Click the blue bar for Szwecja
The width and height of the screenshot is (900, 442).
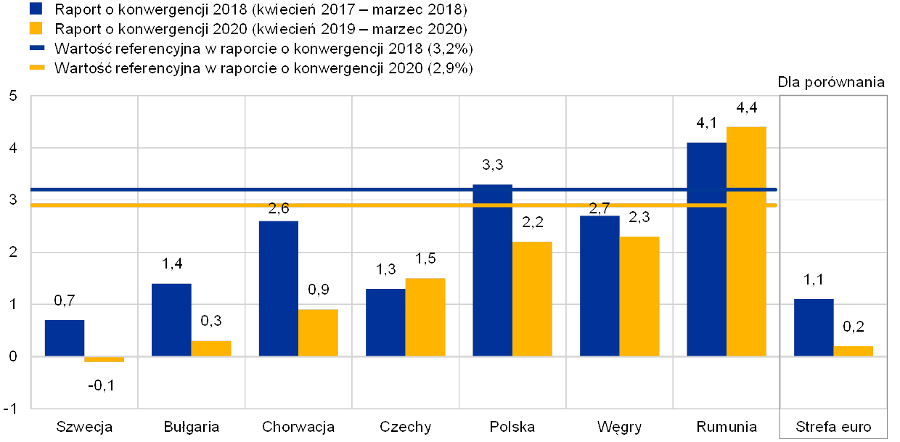point(65,338)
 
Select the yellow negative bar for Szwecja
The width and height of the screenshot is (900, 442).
point(104,359)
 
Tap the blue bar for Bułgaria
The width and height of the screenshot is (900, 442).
point(171,319)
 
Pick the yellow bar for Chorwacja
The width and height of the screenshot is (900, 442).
point(318,332)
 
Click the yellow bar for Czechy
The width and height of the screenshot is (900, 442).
point(425,316)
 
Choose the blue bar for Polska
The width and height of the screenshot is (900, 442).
point(492,270)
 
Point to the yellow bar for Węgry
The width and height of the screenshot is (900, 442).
point(639,296)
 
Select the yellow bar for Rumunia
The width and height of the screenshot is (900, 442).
point(746,241)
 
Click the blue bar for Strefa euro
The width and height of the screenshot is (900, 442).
point(814,327)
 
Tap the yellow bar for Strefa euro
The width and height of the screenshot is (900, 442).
point(853,351)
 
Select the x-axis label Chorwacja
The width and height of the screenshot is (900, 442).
point(298,427)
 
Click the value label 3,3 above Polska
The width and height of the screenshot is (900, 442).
point(493,165)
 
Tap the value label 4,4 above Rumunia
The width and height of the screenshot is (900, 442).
point(746,108)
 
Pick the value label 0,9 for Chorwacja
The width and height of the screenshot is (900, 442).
point(318,290)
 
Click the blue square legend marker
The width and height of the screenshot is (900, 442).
point(35,9)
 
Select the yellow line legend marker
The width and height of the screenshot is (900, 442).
point(37,67)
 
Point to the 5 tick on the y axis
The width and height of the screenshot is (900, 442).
point(12,96)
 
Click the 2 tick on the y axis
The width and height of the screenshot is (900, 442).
point(12,252)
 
